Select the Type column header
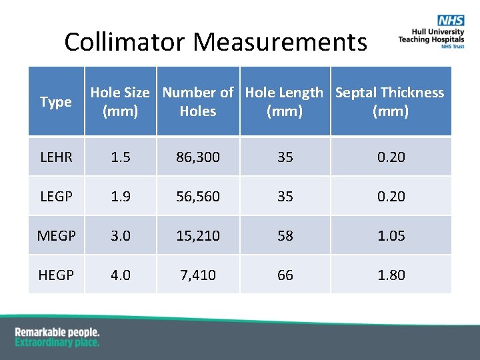click(56, 102)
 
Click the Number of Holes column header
click(198, 102)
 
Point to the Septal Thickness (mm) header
click(390, 102)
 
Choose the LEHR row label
click(56, 157)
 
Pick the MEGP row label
click(56, 236)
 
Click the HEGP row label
click(56, 275)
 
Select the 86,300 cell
click(198, 157)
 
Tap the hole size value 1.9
click(121, 197)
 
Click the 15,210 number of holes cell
click(198, 236)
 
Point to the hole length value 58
click(285, 236)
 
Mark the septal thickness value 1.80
click(391, 275)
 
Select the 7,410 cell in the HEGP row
click(198, 275)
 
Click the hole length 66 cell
click(285, 275)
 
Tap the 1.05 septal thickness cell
click(391, 236)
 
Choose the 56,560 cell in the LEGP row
click(198, 197)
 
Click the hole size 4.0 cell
click(121, 275)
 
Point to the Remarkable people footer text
click(57, 332)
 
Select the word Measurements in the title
click(280, 43)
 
